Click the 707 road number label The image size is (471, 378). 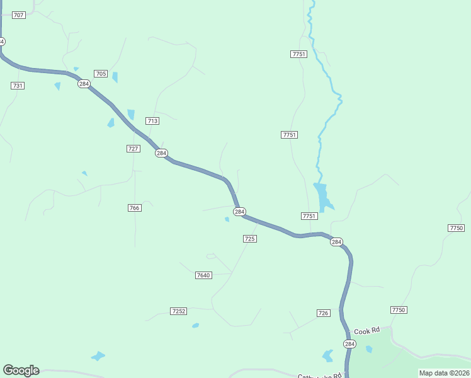(18, 14)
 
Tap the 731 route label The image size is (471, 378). (18, 86)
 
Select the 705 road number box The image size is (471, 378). (101, 74)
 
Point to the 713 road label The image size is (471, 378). (152, 120)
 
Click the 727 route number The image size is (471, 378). (133, 148)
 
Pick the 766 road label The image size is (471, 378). (134, 208)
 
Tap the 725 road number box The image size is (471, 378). (249, 239)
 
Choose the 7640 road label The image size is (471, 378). (203, 275)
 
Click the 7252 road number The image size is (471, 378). (178, 311)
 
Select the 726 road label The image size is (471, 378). (323, 313)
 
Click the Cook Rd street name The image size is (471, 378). (367, 331)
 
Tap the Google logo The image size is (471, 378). (21, 370)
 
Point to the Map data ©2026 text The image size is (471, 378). (444, 373)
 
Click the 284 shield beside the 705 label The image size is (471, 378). (84, 84)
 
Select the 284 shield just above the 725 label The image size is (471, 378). (239, 212)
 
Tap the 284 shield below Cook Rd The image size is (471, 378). (349, 343)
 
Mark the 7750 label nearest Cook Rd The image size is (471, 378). (399, 310)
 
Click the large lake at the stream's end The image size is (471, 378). (322, 195)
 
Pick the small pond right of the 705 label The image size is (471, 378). (115, 77)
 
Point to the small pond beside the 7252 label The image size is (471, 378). (195, 326)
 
